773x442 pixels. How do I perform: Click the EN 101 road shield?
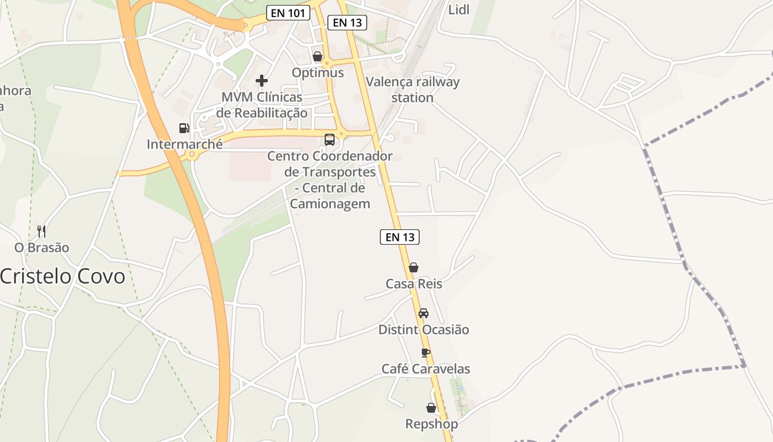[x=288, y=13]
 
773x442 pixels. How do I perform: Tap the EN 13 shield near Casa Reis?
[x=400, y=237]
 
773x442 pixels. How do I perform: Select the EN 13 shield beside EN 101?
[x=347, y=23]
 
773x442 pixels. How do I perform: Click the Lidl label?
[x=459, y=9]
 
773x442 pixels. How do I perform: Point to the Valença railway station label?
[x=413, y=90]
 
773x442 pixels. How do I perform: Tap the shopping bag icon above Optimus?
[x=317, y=56]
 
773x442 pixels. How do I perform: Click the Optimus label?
[x=317, y=72]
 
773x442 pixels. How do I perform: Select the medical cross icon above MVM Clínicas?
[x=262, y=81]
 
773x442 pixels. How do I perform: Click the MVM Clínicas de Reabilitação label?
[x=262, y=105]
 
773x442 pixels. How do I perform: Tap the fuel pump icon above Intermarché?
[x=184, y=128]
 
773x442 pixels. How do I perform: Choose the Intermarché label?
[x=184, y=145]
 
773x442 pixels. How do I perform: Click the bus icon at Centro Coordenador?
[x=330, y=139]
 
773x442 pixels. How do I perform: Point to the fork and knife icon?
[x=41, y=231]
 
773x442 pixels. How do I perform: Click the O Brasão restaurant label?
[x=42, y=248]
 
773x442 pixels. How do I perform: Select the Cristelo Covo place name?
[x=62, y=276]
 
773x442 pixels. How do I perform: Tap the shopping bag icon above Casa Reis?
[x=414, y=267]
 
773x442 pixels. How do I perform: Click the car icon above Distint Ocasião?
[x=423, y=313]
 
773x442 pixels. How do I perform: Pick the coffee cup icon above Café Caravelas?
[x=425, y=352]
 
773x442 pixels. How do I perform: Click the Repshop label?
[x=431, y=424]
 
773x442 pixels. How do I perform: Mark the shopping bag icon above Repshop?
[x=431, y=408]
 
